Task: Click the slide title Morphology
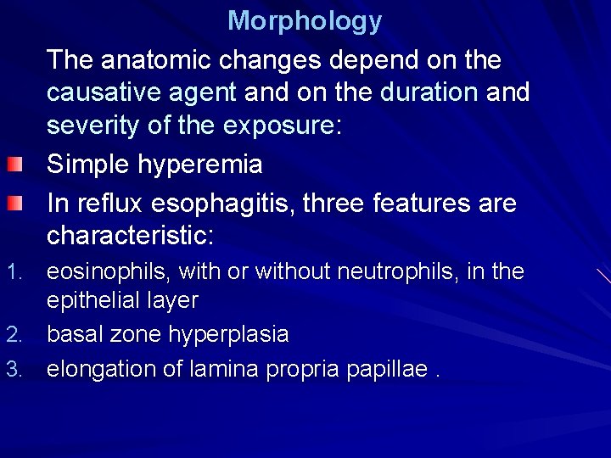[305, 20]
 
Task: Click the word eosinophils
[106, 272]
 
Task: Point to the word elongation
[101, 370]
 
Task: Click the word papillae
[385, 371]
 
